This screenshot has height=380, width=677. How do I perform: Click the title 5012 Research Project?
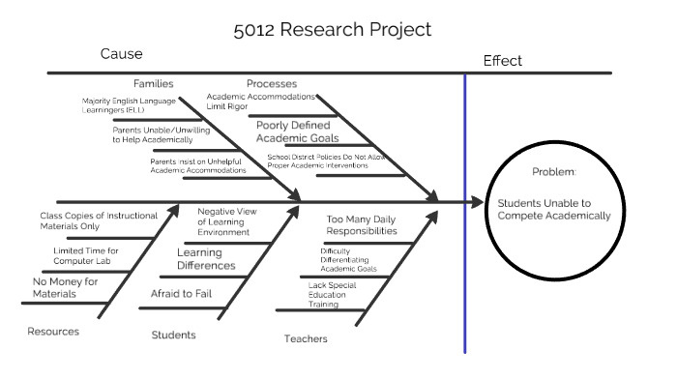click(333, 30)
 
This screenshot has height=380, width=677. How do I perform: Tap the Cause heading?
click(121, 54)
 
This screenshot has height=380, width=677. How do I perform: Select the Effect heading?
click(502, 61)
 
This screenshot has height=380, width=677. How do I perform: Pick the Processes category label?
click(272, 84)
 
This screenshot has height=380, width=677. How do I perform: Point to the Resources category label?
click(53, 332)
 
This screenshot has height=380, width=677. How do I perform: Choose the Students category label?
click(174, 336)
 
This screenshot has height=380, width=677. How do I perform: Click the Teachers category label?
click(306, 338)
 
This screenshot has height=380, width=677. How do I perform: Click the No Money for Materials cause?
click(66, 287)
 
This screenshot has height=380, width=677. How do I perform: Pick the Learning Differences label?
click(206, 258)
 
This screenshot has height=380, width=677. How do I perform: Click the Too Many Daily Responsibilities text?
click(362, 225)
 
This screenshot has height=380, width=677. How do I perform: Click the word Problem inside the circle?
click(554, 171)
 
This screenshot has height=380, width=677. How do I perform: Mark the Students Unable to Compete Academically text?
click(554, 210)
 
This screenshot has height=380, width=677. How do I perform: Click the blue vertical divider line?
click(465, 213)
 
